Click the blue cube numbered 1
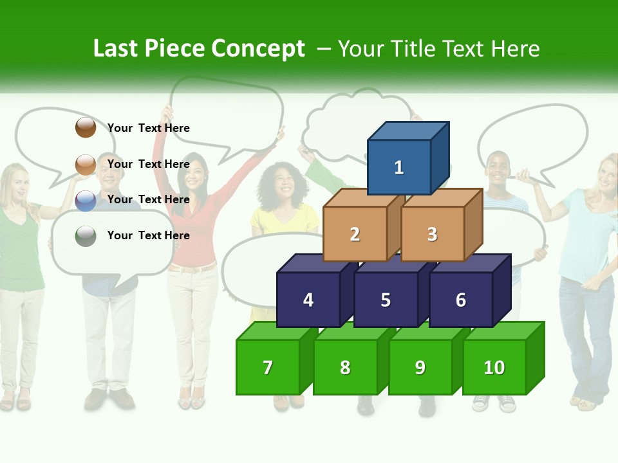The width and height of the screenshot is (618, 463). click(x=399, y=167)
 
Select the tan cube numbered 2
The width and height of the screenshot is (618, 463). click(x=355, y=234)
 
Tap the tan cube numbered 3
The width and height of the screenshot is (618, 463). click(x=432, y=234)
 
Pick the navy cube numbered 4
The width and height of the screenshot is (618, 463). click(x=308, y=300)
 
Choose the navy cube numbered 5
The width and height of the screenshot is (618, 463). click(x=386, y=300)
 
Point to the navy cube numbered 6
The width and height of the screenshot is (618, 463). click(x=461, y=300)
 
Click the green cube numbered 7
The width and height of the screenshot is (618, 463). click(x=268, y=367)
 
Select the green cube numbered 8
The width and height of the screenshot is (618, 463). click(x=345, y=367)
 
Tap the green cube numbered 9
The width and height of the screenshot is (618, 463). click(x=420, y=367)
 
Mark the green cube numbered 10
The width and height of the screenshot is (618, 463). click(x=494, y=367)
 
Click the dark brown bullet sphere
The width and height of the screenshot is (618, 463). click(x=86, y=127)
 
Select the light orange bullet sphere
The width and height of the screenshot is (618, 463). click(x=86, y=165)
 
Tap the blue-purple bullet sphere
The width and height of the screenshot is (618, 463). click(x=86, y=201)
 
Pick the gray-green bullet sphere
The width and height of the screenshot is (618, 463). click(x=86, y=236)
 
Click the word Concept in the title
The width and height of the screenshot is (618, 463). click(x=258, y=49)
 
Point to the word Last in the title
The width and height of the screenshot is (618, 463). click(x=117, y=49)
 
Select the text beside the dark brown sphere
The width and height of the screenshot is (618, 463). click(x=148, y=128)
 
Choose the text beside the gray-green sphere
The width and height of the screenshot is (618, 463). click(x=148, y=235)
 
